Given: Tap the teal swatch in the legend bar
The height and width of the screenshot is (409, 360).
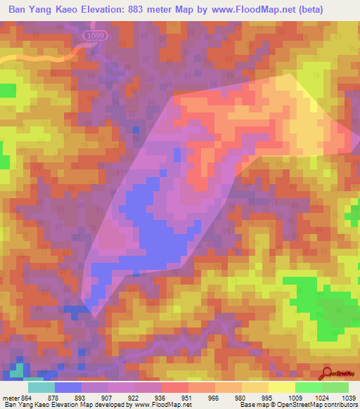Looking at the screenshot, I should coord(41,387).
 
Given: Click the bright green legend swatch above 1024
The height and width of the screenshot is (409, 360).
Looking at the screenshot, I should coord(308,387).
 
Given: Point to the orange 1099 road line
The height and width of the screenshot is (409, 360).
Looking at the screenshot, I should coord(42,54).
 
